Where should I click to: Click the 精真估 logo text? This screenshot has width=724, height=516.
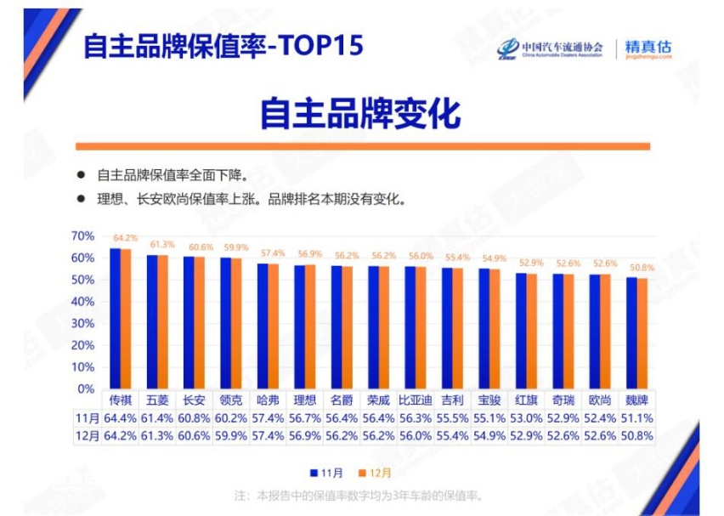tap(648, 46)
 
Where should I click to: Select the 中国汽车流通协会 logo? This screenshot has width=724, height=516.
tap(550, 49)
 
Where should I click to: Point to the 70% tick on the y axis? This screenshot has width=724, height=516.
tap(83, 235)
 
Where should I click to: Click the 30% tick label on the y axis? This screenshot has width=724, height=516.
tap(83, 323)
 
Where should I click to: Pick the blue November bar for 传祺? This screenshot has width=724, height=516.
tap(115, 319)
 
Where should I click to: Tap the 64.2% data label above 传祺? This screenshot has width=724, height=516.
tap(125, 239)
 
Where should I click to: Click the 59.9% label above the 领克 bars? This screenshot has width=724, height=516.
tap(235, 247)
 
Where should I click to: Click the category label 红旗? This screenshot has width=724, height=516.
tap(527, 400)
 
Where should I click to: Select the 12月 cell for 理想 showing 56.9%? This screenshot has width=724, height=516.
tap(308, 435)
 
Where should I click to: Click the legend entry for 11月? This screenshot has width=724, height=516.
tap(325, 473)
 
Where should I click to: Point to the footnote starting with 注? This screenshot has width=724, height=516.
tap(361, 496)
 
